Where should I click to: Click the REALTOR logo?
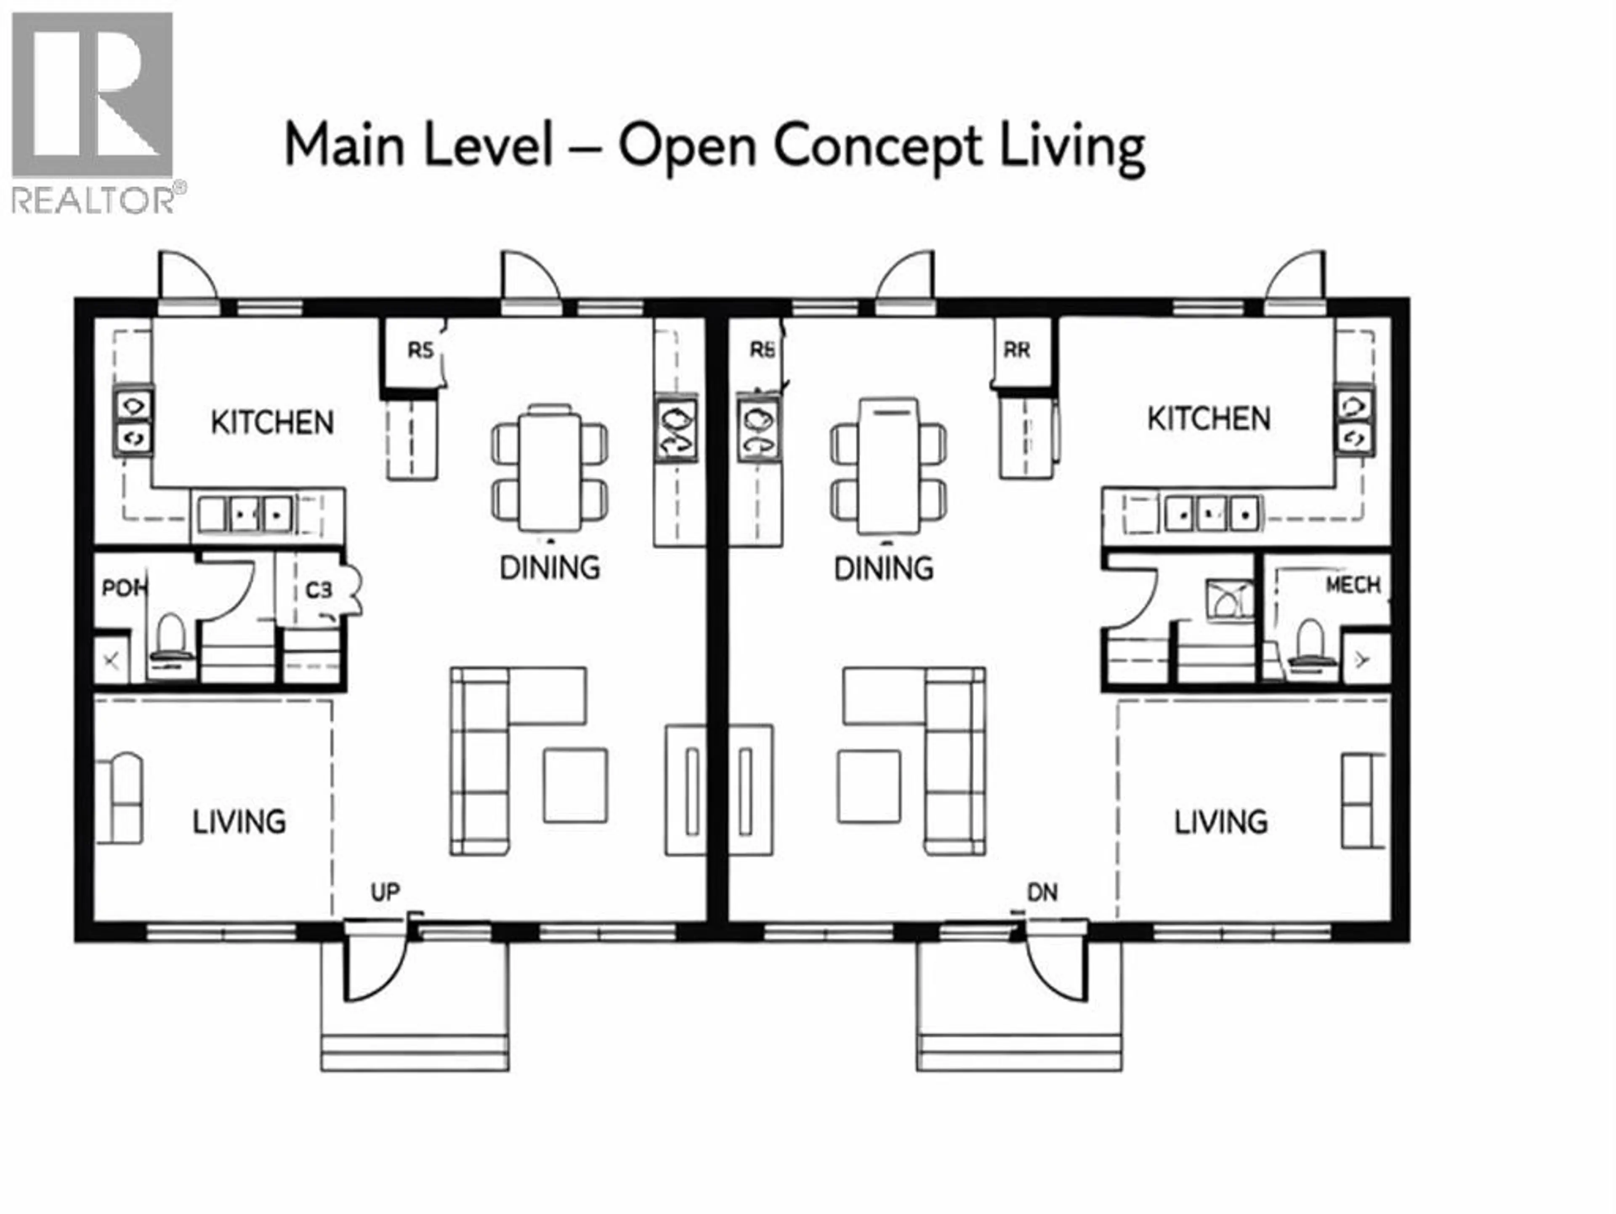[93, 109]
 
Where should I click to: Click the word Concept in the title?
[877, 146]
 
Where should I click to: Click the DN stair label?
[1042, 892]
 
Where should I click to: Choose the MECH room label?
[1353, 585]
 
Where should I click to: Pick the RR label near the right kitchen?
[1016, 351]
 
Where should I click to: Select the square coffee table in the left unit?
[575, 786]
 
